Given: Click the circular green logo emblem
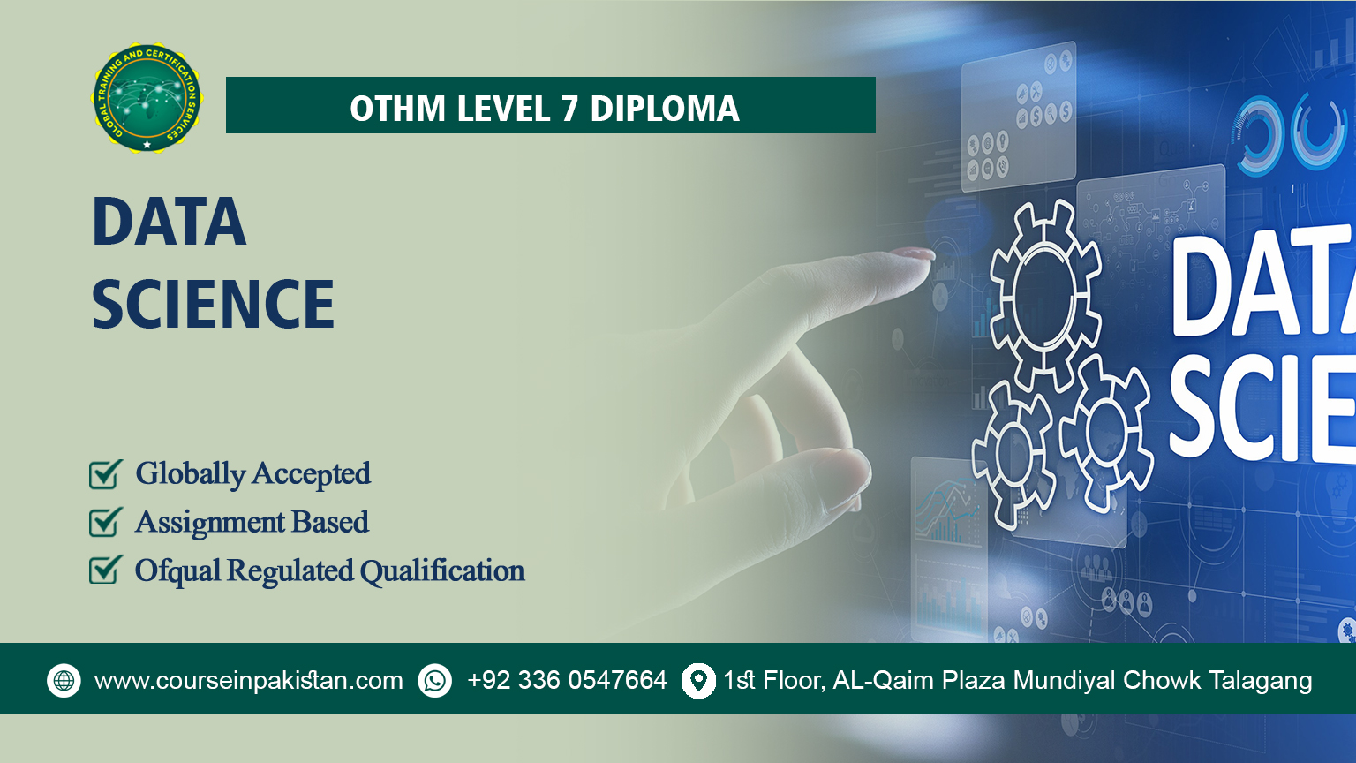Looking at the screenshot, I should tap(147, 98).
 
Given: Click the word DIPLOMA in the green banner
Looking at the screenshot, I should tap(664, 109).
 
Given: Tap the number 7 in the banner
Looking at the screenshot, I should tap(569, 109).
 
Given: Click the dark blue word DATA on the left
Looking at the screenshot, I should tap(169, 222).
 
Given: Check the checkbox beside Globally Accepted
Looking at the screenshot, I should tap(105, 474).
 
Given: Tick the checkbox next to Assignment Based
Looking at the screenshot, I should tap(105, 522).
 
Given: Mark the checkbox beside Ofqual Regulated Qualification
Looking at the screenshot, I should tap(105, 570).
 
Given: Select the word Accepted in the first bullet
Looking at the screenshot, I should tap(312, 474).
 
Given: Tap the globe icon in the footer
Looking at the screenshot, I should tap(64, 681).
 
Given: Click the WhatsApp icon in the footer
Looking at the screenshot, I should tap(434, 681).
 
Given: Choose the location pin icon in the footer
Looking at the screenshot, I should tap(698, 681).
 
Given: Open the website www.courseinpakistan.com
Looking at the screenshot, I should tap(248, 681).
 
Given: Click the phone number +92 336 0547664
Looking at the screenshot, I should tap(567, 681).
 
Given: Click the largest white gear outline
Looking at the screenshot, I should tap(1044, 296).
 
